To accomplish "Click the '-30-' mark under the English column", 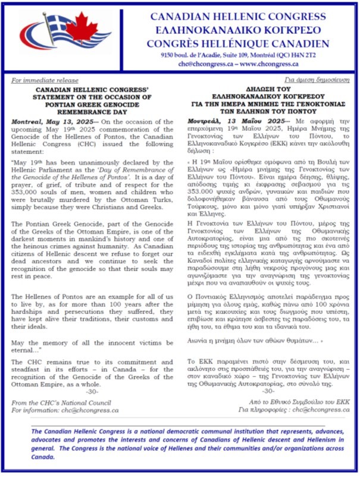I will pos(92,392).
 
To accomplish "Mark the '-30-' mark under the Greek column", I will pos(269,391).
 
